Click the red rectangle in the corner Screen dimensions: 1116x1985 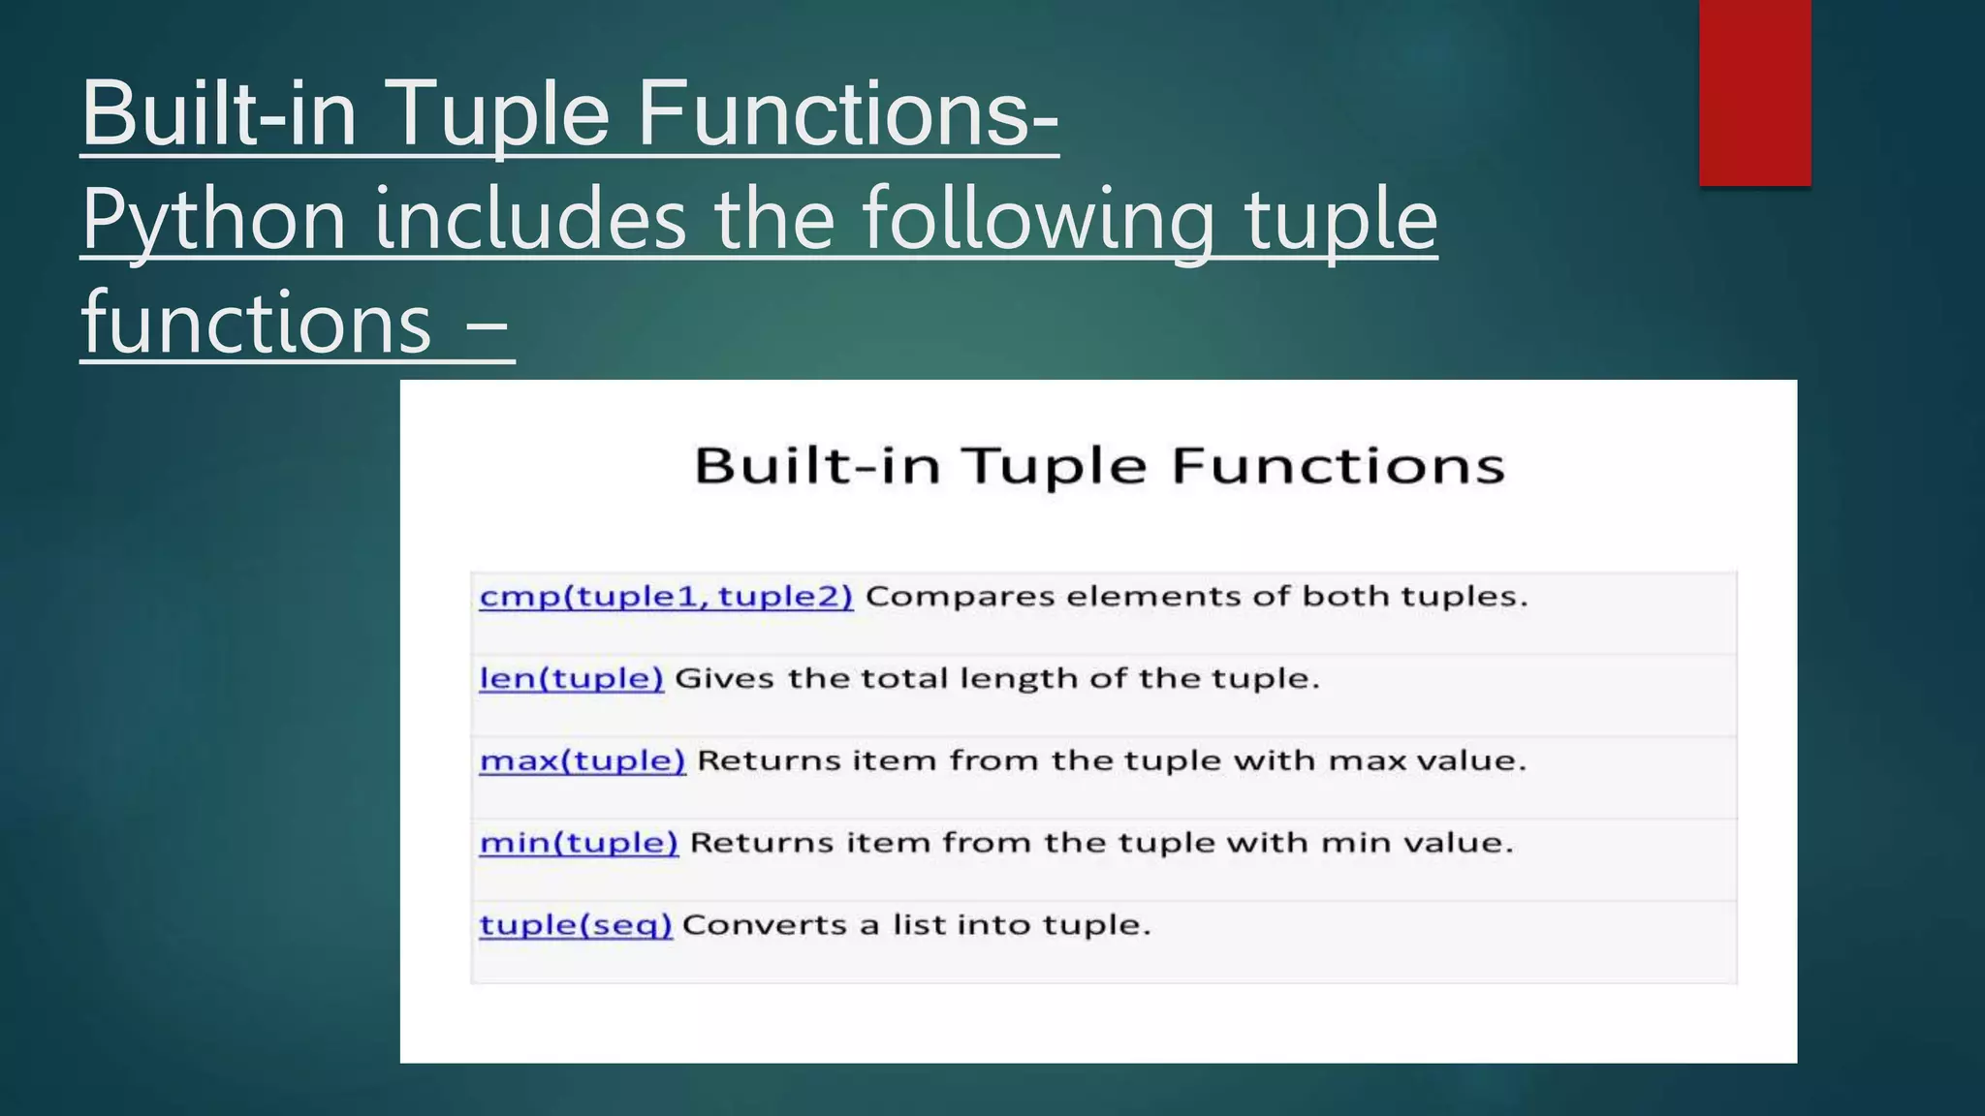(x=1754, y=92)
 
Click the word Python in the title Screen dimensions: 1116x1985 (x=214, y=221)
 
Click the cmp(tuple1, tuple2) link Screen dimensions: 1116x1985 (x=666, y=596)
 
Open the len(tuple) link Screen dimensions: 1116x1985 (x=571, y=678)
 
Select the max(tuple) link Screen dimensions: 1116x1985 (x=583, y=760)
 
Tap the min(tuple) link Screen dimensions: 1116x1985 (x=579, y=843)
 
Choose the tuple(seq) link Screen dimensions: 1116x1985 (x=576, y=925)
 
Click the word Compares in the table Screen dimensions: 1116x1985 (x=960, y=596)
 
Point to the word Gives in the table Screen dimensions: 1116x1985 (x=724, y=678)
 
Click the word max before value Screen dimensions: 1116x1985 (x=1367, y=760)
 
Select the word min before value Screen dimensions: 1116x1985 (x=1356, y=843)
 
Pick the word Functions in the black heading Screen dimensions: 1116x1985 (x=1338, y=466)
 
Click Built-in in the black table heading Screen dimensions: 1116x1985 (x=818, y=466)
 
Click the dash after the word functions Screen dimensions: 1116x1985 (x=488, y=325)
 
